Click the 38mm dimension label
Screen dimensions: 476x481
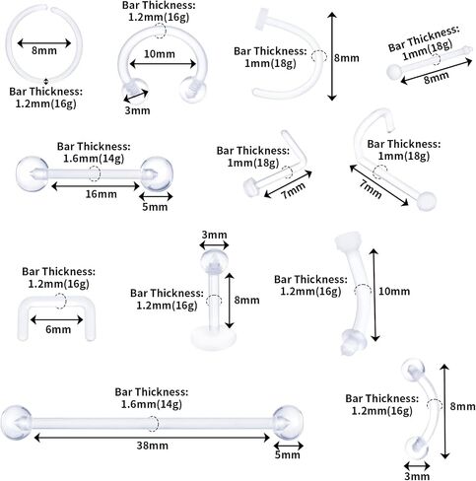tap(152, 446)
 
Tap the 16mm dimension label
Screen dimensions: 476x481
tap(101, 194)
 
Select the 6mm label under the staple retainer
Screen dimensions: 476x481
tap(58, 329)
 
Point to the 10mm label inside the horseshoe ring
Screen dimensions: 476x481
tap(160, 53)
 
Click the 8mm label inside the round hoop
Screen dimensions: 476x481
tap(44, 50)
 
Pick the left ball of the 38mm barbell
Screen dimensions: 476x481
tap(16, 423)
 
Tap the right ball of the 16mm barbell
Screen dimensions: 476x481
tap(157, 173)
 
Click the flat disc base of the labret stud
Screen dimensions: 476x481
tap(214, 338)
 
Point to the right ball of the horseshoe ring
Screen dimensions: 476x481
tap(194, 90)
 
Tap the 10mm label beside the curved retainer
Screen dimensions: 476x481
tap(394, 291)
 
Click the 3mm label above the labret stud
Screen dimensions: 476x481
tap(214, 235)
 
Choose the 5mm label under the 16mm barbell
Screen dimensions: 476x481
tap(155, 207)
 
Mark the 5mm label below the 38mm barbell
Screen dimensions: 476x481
tap(288, 454)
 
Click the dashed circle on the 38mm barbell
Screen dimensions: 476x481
tap(152, 423)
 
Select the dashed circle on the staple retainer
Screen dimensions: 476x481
tap(60, 301)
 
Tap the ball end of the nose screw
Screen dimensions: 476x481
tap(427, 200)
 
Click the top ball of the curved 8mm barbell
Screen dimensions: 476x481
tap(413, 370)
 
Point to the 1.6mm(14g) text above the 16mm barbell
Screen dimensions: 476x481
tap(94, 159)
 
